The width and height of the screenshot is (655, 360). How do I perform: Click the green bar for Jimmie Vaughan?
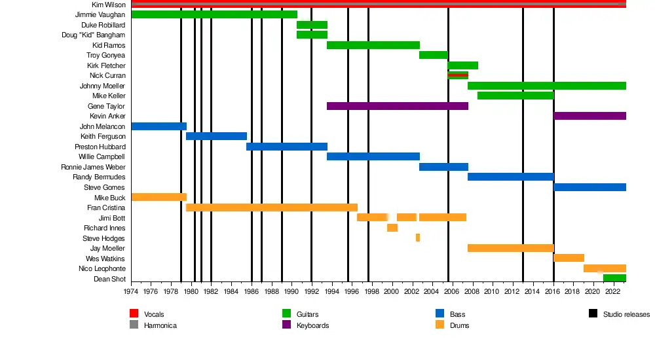pos(214,14)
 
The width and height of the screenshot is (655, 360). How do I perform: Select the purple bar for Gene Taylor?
pos(397,106)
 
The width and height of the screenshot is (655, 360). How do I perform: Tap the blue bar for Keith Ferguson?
pos(216,136)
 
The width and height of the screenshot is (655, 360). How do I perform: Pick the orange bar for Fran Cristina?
pos(272,207)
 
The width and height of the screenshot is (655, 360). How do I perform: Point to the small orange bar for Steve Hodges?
pos(417,238)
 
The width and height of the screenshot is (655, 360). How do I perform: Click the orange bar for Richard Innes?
pos(392,228)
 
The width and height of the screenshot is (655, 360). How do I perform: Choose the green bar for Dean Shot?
pos(614,278)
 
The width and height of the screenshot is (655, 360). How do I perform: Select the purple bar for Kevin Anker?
pos(589,116)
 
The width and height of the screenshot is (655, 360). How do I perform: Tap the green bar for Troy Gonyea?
pos(433,55)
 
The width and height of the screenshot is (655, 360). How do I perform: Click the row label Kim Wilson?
pos(108,5)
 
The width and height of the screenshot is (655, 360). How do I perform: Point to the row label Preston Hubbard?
pos(100,147)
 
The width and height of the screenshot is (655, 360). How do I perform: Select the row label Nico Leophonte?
pos(102,269)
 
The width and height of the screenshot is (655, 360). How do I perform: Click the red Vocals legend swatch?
pos(134,314)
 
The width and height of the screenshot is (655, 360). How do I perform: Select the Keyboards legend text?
pos(312,325)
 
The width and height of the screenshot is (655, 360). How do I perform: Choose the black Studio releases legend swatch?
pos(592,314)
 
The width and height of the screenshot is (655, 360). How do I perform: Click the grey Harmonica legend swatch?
pos(134,325)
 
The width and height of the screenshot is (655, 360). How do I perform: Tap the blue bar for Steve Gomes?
pos(589,187)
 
